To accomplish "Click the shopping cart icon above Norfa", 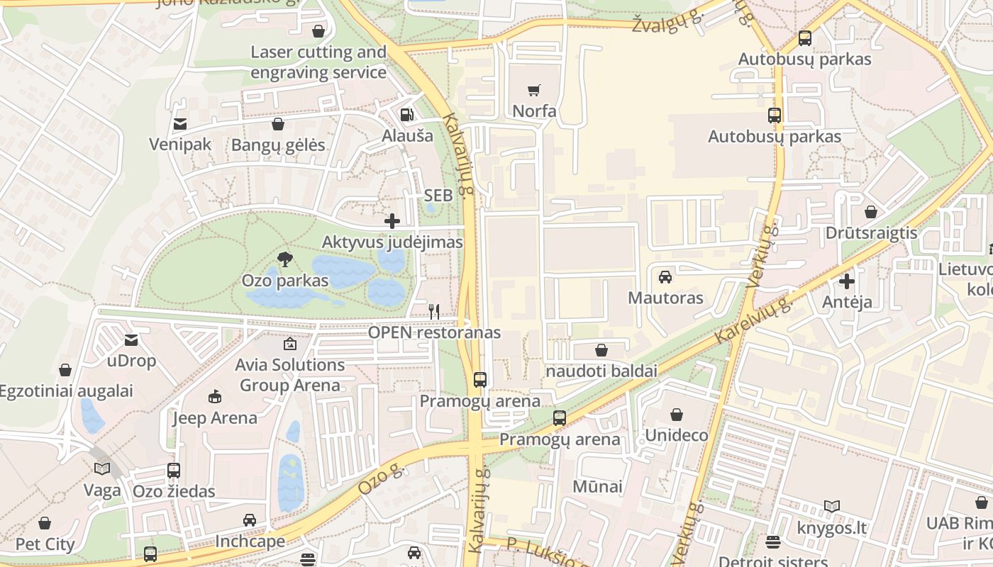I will (533, 90).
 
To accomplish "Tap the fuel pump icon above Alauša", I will (406, 114).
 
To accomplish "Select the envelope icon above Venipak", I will (179, 124).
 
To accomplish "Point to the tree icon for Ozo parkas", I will (285, 259).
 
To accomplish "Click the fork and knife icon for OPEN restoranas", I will (434, 311).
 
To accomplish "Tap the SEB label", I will (438, 196).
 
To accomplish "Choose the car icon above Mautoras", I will (665, 276).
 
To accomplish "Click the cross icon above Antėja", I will (846, 281).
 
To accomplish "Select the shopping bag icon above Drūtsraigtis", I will (870, 212).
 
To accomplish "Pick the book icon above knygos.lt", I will (832, 507).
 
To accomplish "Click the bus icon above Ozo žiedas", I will (173, 470).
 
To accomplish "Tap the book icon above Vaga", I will (102, 468).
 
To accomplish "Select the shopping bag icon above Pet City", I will (45, 523).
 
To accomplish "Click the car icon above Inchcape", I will (250, 520).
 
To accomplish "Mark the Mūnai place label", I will (597, 486).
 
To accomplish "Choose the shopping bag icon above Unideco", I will (676, 414).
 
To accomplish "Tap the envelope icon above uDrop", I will (131, 340).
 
